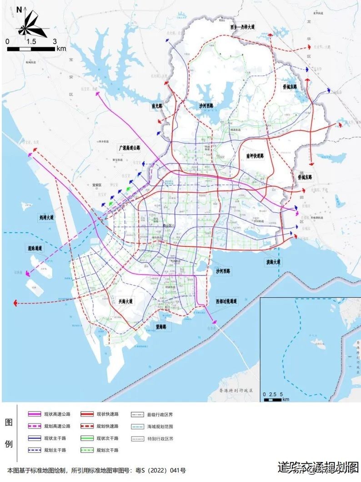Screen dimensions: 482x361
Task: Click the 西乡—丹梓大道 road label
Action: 241,27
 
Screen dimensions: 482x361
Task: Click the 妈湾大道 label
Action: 46,218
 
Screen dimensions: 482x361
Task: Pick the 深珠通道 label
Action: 34,249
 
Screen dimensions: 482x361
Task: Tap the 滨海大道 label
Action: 274,262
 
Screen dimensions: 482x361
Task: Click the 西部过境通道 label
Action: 227,301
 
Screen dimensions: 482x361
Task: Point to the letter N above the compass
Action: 19,9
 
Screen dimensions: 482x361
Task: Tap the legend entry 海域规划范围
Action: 160,426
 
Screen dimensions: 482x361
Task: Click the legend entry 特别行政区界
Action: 160,438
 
